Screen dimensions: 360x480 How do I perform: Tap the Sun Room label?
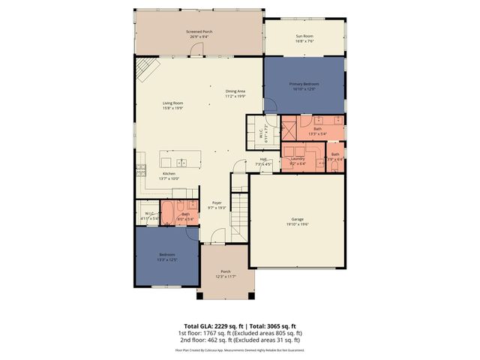coord(304,35)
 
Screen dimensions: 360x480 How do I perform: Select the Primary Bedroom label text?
coord(304,84)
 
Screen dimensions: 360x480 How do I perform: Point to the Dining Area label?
coord(235,91)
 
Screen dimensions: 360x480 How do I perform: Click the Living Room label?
coord(173,103)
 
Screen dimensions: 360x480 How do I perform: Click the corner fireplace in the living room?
coord(147,71)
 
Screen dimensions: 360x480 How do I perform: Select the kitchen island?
coord(181,160)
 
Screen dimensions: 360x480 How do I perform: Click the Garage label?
coord(298,220)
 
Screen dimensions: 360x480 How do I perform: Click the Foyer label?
coord(217,202)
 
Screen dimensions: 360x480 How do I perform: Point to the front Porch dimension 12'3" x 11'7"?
coord(226,277)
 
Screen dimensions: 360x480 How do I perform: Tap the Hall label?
coord(264,159)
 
